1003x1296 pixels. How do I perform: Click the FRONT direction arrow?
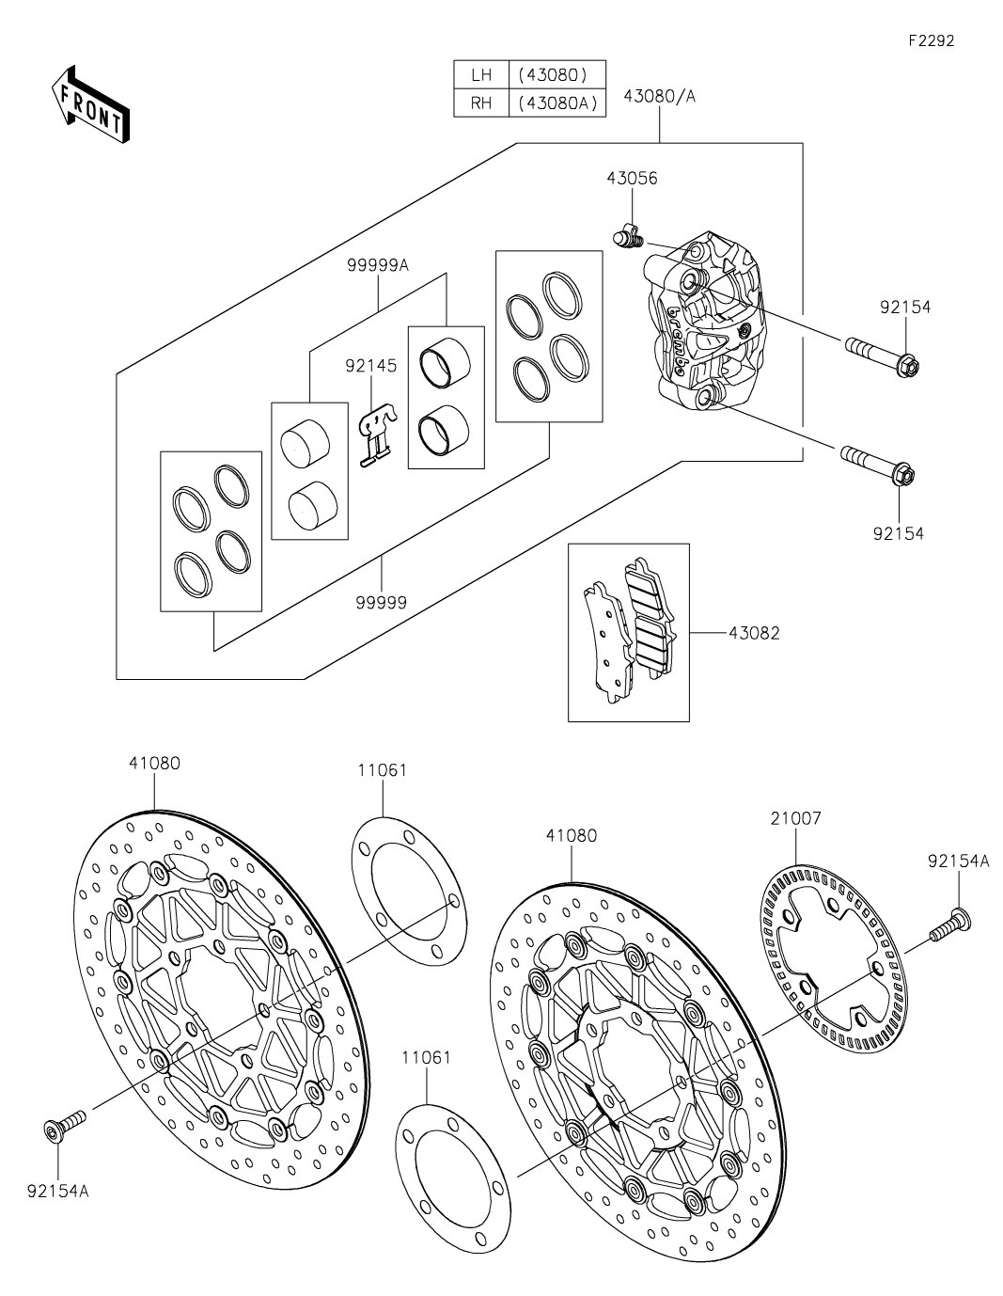pyautogui.click(x=90, y=104)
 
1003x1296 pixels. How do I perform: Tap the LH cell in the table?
pyautogui.click(x=480, y=74)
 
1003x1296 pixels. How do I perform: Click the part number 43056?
pyautogui.click(x=632, y=178)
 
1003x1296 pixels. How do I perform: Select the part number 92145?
pyautogui.click(x=370, y=366)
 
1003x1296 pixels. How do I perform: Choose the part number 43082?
pyautogui.click(x=753, y=633)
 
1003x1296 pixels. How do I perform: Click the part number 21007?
pyautogui.click(x=795, y=818)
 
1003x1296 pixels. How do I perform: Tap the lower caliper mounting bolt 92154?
pyautogui.click(x=875, y=466)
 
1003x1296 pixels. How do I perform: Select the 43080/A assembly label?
pyautogui.click(x=659, y=97)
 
